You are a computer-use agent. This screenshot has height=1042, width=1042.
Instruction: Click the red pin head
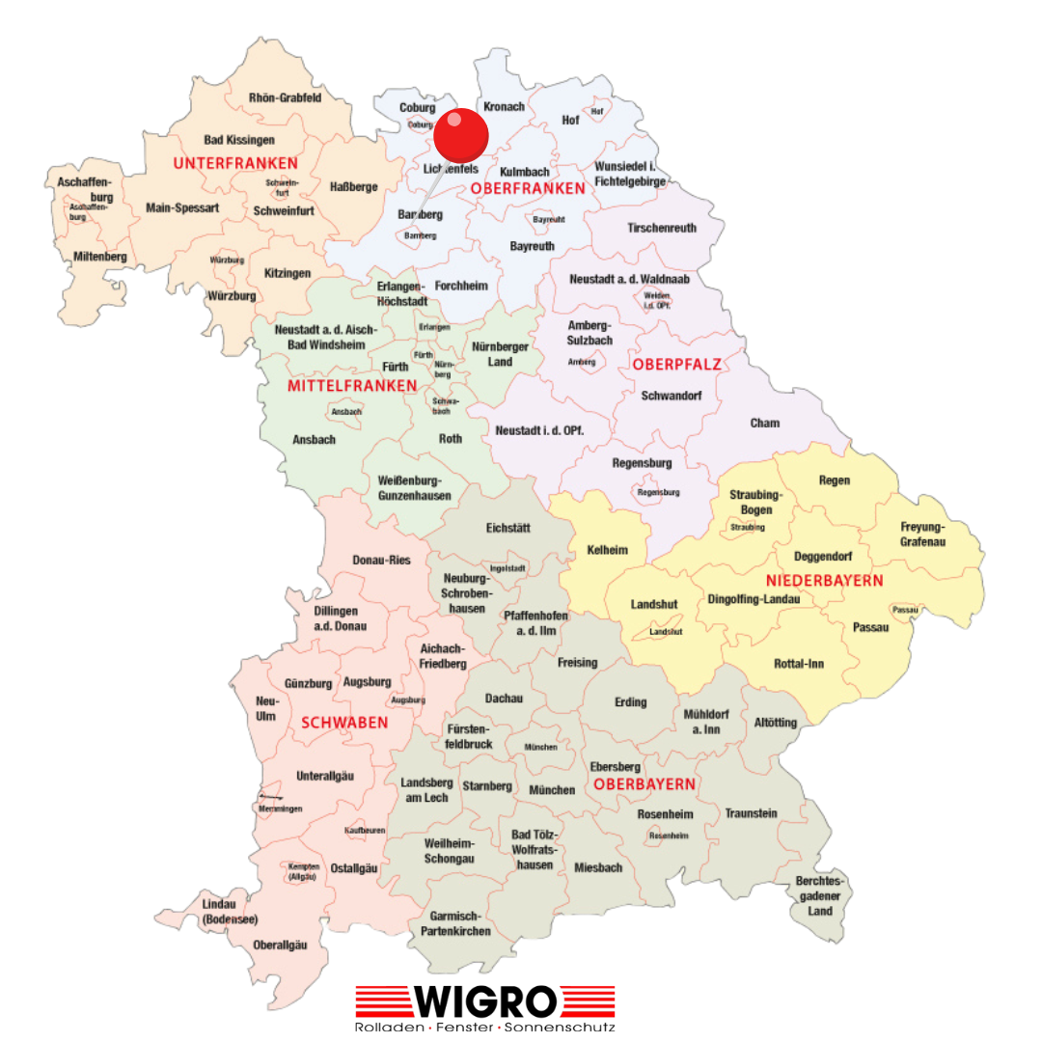461,134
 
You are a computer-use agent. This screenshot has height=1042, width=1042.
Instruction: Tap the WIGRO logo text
485,1001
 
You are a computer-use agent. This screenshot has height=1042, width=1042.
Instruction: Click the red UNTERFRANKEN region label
235,163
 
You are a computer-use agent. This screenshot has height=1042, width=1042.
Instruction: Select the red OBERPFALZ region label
676,364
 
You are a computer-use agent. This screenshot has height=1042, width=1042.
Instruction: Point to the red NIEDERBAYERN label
824,581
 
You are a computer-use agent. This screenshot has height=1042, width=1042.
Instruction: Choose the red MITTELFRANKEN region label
352,386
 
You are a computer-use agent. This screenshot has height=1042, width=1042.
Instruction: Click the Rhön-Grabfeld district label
285,98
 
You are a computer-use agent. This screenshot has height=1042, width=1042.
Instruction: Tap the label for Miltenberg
100,257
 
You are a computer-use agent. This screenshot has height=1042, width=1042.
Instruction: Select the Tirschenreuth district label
661,229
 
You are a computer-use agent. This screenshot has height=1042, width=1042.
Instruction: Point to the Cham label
765,423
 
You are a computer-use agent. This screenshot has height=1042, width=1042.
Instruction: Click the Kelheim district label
608,550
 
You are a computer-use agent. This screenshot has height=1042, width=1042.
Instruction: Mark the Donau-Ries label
381,561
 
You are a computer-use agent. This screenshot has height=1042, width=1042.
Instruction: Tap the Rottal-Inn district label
799,664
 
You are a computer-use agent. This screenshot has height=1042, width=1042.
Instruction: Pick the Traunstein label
751,813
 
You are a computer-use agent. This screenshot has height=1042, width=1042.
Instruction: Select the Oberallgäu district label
280,945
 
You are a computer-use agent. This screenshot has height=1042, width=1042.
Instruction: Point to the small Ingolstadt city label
507,568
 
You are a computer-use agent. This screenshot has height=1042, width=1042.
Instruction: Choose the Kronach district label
504,107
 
